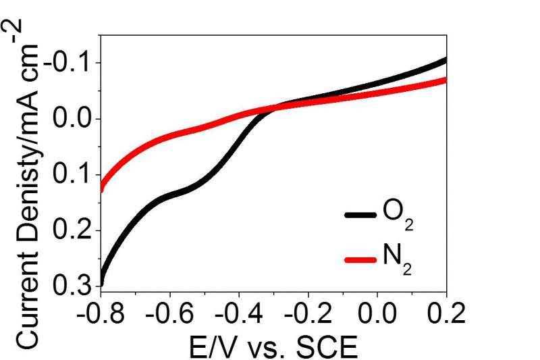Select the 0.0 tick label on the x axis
(x=377, y=314)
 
